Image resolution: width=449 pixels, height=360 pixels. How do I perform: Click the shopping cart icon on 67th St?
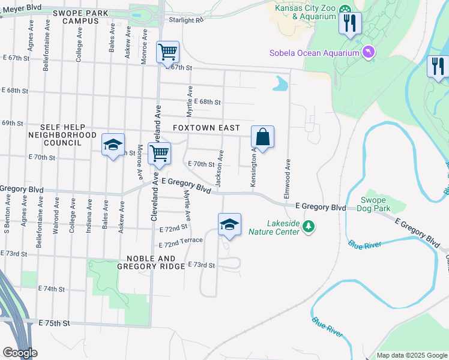[x=167, y=52]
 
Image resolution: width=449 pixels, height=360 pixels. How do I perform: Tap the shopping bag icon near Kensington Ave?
[x=263, y=136]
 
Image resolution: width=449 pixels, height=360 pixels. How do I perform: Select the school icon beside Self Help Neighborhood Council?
[x=113, y=145]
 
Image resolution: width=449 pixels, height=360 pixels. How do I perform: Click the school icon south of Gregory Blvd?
[x=229, y=224]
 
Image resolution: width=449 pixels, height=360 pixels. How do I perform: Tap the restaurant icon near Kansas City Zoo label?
[x=349, y=23]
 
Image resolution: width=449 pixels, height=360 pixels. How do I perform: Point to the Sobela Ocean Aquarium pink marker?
[x=368, y=53]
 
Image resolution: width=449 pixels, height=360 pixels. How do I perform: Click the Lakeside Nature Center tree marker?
[x=309, y=226]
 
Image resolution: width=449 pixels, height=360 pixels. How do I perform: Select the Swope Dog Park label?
[x=376, y=205]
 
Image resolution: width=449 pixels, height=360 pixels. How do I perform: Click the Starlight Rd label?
[x=187, y=20]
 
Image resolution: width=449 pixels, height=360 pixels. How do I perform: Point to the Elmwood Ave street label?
[x=288, y=179]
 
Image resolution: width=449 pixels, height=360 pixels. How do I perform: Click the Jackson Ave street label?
[x=220, y=169]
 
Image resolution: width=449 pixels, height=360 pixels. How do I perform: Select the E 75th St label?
[x=55, y=323]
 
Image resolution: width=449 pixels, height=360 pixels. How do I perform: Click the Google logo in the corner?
[x=20, y=353]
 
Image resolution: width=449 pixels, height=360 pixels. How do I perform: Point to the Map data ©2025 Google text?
[x=411, y=355]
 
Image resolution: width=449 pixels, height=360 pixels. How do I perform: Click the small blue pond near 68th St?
[x=280, y=84]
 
